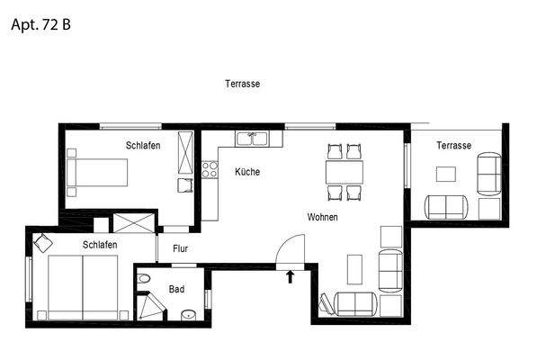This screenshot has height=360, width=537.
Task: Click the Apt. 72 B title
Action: [x=40, y=24]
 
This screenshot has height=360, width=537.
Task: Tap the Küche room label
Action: [x=247, y=171]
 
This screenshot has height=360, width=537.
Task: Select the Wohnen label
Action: [x=322, y=218]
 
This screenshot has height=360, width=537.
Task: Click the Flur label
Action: [x=180, y=248]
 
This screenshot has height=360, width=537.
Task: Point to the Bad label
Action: [x=177, y=290]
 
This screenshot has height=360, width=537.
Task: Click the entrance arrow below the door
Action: [x=290, y=277]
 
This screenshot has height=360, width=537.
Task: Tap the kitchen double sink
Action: [x=253, y=139]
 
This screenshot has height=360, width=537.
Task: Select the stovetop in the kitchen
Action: [x=210, y=167]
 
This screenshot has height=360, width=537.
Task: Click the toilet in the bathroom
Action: [x=145, y=280]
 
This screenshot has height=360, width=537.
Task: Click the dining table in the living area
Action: [x=345, y=171]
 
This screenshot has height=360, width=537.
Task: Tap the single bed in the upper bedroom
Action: [x=99, y=170]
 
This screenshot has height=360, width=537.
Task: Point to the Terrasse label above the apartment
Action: [x=242, y=84]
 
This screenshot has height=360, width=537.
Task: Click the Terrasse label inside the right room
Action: [x=453, y=146]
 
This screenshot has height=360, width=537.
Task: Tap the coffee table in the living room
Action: [x=354, y=268]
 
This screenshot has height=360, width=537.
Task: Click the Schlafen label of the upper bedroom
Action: [x=143, y=146]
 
